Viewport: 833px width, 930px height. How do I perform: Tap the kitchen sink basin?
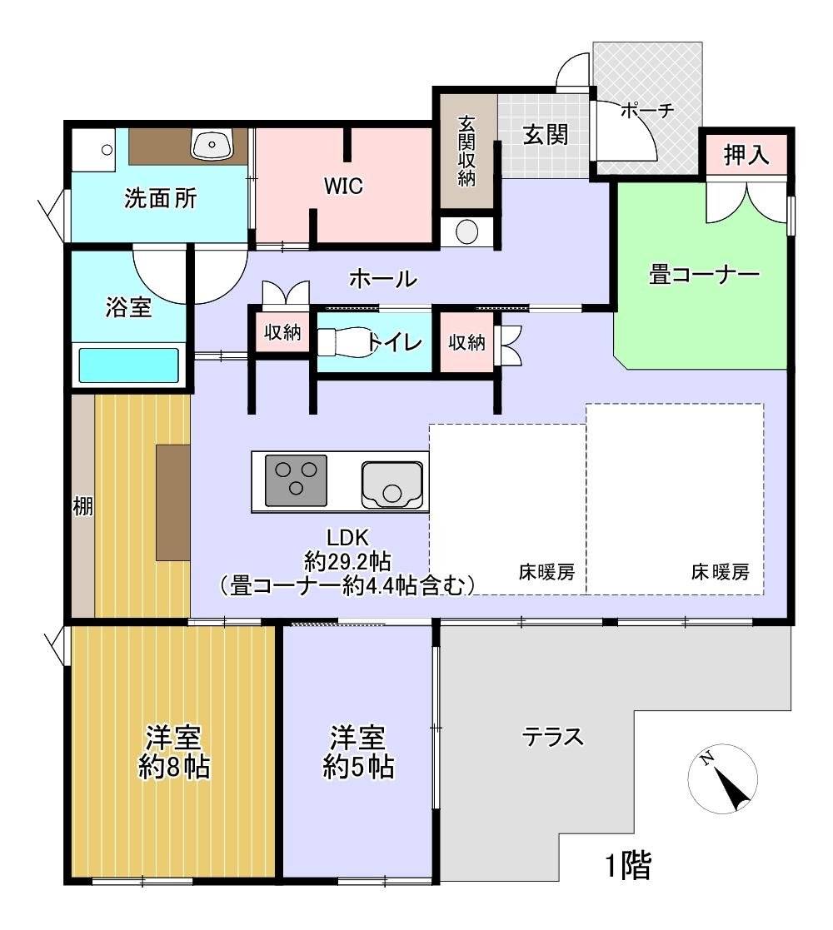392,484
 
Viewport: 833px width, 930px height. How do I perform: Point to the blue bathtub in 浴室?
129,365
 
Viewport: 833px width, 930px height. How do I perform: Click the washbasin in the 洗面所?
212,145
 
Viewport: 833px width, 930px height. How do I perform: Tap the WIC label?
343,186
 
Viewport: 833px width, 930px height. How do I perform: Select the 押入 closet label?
746,155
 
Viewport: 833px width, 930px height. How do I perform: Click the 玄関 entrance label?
545,134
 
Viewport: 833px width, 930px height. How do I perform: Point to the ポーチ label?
646,111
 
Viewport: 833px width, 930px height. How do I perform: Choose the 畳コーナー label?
704,275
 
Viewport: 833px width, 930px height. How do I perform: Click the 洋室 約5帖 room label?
358,752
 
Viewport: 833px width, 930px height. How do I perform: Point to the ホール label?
382,279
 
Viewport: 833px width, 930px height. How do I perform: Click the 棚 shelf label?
82,507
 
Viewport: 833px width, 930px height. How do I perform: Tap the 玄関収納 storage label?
466,151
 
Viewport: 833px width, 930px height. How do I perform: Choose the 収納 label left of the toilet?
282,333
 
